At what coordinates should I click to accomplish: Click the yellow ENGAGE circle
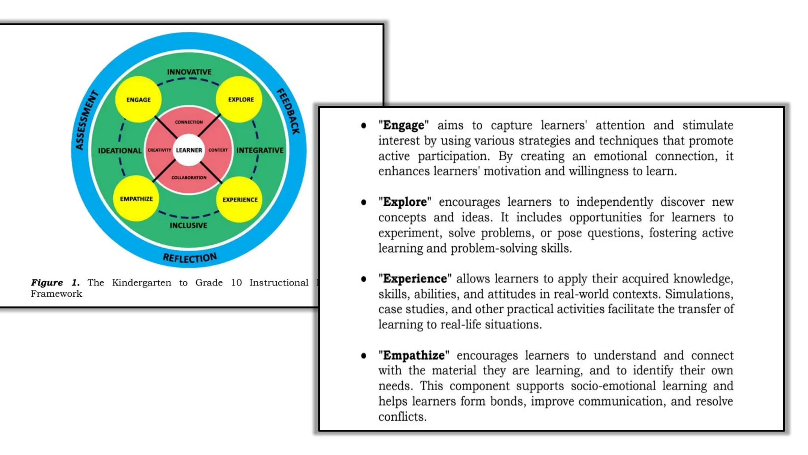point(138,100)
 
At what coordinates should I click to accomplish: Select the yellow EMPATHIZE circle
point(136,199)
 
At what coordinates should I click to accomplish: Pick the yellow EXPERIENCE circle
point(240,199)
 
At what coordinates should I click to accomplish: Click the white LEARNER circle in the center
point(189,150)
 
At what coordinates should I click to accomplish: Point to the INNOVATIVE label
point(189,72)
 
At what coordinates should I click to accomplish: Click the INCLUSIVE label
point(188,226)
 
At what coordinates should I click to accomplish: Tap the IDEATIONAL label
point(120,150)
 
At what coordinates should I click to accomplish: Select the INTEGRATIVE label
point(260,150)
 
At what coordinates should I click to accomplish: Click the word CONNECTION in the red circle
point(189,122)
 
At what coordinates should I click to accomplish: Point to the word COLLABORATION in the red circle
point(189,178)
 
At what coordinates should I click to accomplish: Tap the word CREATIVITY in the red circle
point(159,150)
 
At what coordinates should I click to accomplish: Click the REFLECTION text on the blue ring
point(190,258)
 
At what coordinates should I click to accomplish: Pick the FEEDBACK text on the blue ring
point(289,111)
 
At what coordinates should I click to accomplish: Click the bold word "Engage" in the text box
point(403,125)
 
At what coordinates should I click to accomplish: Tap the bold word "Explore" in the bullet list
point(405,202)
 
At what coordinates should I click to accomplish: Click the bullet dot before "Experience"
point(363,279)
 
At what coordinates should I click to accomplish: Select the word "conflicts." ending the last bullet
point(402,417)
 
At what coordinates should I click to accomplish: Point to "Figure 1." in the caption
point(55,283)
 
